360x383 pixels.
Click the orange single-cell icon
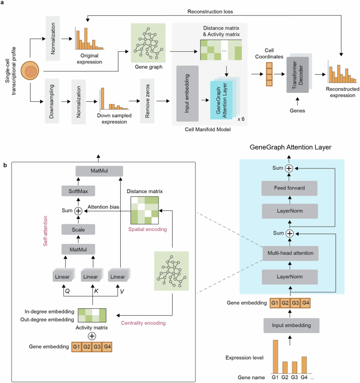pos(30,70)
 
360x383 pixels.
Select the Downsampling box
pos(52,101)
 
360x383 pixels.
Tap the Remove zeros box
pos(147,101)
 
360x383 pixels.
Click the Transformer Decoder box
pos(298,75)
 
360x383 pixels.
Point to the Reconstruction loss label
pos(210,12)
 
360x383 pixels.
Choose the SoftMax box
pos(78,191)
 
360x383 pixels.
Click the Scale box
pos(78,230)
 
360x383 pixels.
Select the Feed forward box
pos(290,188)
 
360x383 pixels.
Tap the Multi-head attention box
pos(291,253)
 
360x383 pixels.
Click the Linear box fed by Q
pos(62,277)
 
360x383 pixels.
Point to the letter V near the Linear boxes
pos(122,292)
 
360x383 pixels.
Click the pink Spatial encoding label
pos(147,230)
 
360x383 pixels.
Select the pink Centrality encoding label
pos(143,323)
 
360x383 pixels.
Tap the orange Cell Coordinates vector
pos(269,74)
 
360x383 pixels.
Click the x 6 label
pos(241,119)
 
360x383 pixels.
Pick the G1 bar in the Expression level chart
pos(275,356)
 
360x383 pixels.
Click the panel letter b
pos(5,165)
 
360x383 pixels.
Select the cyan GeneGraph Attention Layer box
pos(222,100)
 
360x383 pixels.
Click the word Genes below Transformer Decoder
pos(297,111)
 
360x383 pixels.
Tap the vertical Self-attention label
pos(45,231)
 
